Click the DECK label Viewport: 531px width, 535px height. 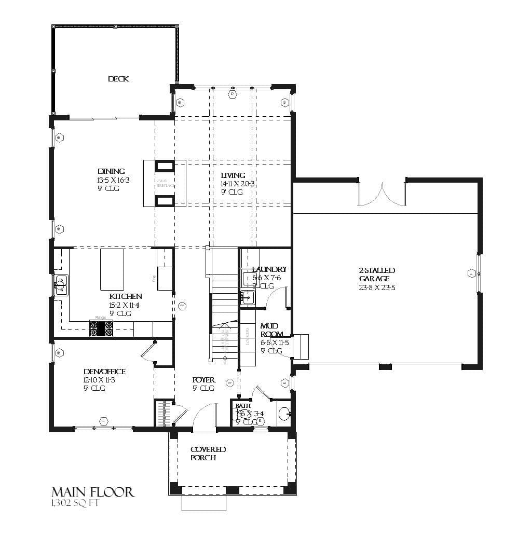(118, 79)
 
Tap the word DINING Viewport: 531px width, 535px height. (111, 171)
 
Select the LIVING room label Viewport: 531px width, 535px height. (233, 175)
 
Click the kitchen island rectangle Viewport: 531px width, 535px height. (112, 269)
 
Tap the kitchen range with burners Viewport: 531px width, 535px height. (102, 328)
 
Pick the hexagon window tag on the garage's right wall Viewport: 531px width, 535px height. (471, 273)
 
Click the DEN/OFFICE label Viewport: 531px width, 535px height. (104, 372)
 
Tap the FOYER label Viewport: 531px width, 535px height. (203, 380)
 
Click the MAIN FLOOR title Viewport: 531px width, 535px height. (92, 491)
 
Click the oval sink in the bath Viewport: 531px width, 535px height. (284, 414)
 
